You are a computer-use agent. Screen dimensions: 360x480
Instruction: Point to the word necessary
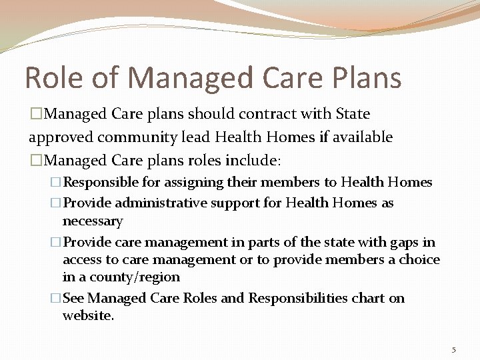[x=93, y=221]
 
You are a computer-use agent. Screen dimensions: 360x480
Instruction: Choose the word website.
[x=88, y=316]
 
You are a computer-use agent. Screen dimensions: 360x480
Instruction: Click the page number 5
[x=453, y=350]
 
